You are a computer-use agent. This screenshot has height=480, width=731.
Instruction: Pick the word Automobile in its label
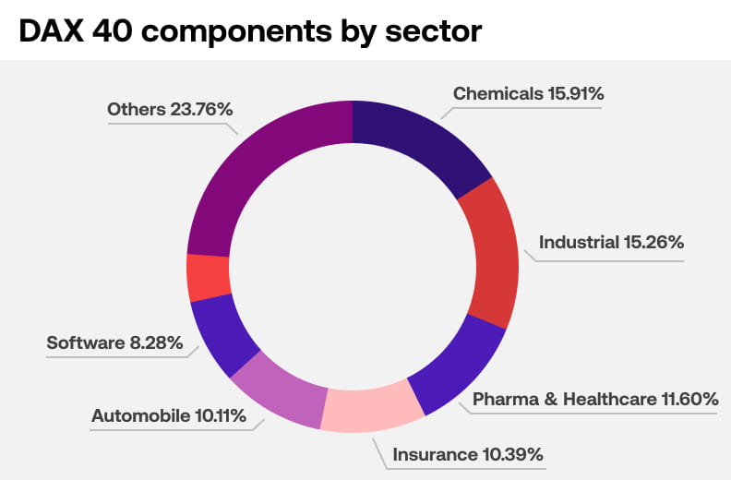coord(139,415)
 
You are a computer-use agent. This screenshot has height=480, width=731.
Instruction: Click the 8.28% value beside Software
coord(156,343)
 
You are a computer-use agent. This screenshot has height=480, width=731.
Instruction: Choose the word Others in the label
coord(136,109)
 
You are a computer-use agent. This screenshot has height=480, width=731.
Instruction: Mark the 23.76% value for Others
coord(201,109)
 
